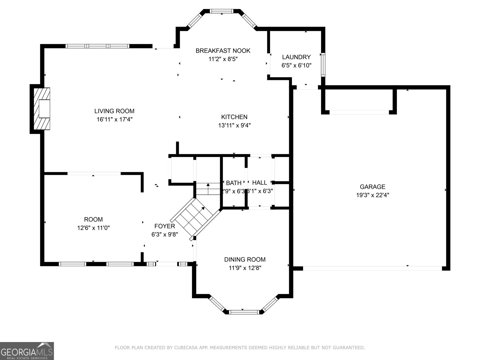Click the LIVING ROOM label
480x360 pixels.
[x=114, y=111]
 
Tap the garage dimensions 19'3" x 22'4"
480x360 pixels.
[x=373, y=195]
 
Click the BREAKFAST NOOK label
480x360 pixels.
[x=223, y=51]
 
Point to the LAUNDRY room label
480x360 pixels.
[x=296, y=57]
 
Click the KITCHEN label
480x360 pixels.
[x=234, y=117]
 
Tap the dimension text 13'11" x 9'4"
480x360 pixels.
[x=234, y=125]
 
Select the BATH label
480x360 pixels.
[x=234, y=183]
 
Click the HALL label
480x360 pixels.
[x=259, y=182]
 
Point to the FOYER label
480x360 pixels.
[x=164, y=226]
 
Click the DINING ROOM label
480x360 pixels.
[x=245, y=259]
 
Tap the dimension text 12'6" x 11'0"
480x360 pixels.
[x=93, y=228]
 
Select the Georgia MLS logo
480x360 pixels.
[x=27, y=351]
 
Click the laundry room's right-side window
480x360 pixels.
[x=323, y=64]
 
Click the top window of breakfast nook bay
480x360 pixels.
[x=221, y=11]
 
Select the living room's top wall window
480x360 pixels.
[x=97, y=46]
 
